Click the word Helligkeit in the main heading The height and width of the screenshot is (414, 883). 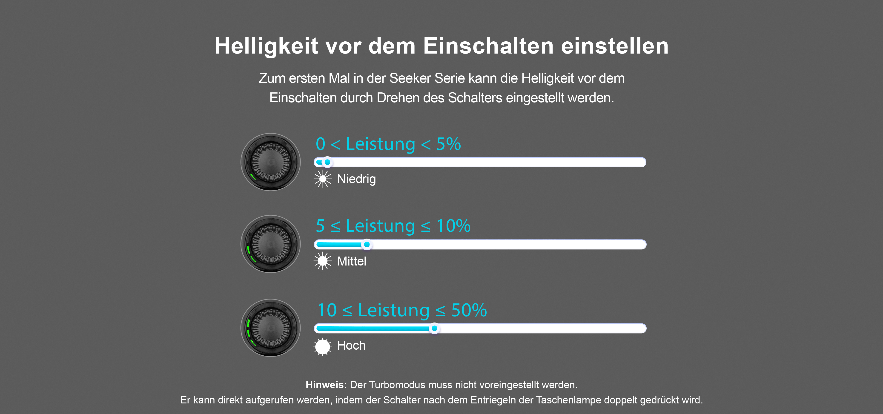tap(266, 46)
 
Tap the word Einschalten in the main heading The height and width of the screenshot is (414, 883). tap(488, 46)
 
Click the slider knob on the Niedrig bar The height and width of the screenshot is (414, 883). tap(327, 162)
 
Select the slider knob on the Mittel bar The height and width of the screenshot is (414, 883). tap(367, 244)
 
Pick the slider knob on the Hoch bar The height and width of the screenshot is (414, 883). tap(434, 328)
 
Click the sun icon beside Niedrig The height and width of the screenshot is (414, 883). tap(323, 179)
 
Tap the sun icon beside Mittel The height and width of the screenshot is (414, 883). tap(323, 261)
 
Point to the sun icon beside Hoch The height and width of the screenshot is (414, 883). tap(323, 346)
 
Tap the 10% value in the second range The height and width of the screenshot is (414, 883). tap(453, 226)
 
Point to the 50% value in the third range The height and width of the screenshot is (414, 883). tap(469, 310)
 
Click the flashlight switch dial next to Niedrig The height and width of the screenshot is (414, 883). tap(270, 162)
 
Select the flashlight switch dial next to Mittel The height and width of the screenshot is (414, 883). tap(270, 244)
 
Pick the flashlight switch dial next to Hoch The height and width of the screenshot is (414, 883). tap(270, 328)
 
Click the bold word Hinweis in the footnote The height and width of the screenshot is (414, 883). tap(326, 385)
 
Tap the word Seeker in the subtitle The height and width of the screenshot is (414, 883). tap(410, 78)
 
